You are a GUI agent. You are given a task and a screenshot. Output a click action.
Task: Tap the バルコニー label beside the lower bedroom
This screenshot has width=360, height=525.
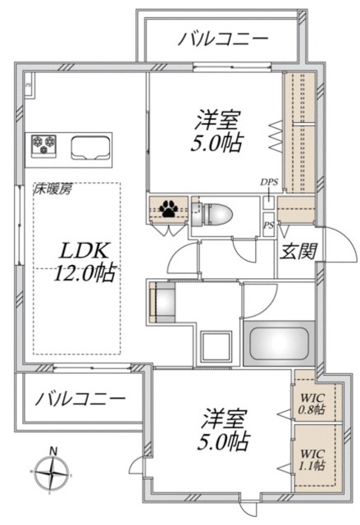(x=80, y=399)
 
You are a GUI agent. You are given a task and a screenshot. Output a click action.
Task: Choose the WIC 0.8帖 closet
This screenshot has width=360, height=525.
(x=312, y=402)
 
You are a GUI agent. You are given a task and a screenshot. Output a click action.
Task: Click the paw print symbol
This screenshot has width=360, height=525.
(x=169, y=209)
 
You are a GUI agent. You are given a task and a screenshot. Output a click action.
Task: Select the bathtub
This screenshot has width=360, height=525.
(x=276, y=343)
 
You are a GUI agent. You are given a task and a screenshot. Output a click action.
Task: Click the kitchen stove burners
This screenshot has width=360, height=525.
(x=43, y=145)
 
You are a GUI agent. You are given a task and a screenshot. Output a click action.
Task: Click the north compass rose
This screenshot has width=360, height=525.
(x=53, y=472)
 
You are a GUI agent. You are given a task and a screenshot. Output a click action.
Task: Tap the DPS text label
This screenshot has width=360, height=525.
(x=268, y=182)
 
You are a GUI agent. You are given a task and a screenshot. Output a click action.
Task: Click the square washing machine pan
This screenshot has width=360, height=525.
(x=215, y=345)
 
